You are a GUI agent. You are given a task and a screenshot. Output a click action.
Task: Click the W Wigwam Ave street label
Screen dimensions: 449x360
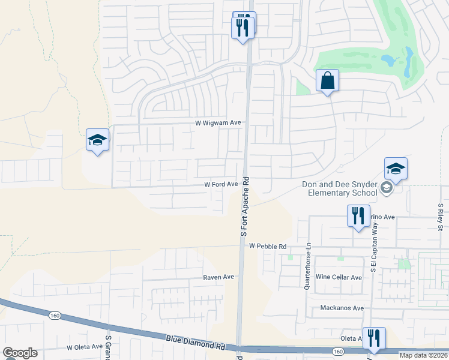coord(218,122)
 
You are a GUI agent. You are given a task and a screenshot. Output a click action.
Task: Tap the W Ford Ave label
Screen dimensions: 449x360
coord(221,184)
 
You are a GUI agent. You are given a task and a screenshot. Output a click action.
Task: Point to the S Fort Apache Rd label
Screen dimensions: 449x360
coord(244,207)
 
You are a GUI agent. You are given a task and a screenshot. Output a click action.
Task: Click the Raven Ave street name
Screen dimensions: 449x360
coord(218,277)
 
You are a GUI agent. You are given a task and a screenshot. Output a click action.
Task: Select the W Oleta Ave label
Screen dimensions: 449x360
coord(85,347)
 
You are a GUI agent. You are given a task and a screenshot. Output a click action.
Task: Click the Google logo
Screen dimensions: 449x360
coord(20,353)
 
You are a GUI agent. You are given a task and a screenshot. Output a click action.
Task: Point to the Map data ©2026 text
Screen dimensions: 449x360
coord(423,355)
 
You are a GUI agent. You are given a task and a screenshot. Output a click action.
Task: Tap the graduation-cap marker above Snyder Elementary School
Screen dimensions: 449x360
coord(396,169)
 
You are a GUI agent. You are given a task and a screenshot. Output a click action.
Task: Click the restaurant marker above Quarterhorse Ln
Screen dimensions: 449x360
coord(358,216)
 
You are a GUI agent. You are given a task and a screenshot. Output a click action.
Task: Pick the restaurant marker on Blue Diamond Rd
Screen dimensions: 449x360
coord(374,338)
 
